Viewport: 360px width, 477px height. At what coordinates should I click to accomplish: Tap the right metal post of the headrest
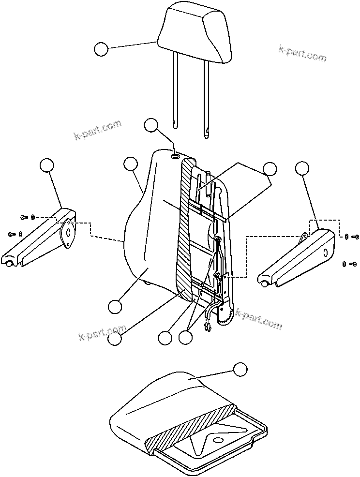pos(207,92)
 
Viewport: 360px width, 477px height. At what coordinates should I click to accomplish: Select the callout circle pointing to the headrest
pos(101,49)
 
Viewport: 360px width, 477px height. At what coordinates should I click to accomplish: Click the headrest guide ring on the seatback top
pos(176,156)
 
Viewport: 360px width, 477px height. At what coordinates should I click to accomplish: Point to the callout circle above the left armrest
pos(46,165)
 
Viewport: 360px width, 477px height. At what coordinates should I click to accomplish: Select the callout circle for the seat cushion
pos(240,370)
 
